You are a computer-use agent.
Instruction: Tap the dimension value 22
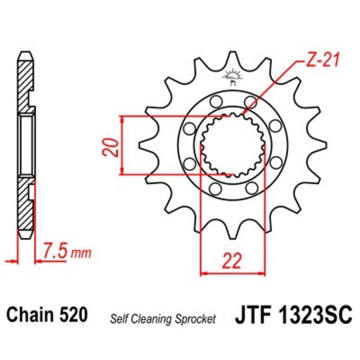point(232,262)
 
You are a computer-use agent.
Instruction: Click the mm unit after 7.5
point(81,254)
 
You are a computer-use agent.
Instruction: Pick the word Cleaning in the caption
point(155,319)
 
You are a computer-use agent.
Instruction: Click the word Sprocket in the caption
point(197,319)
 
